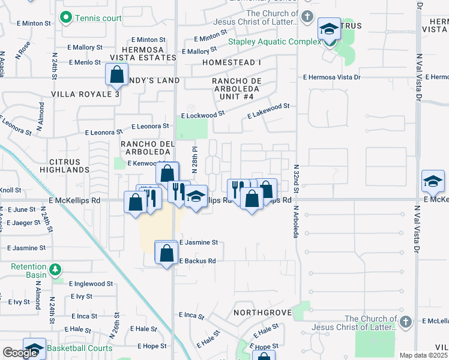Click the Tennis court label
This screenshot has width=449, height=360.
coord(97,18)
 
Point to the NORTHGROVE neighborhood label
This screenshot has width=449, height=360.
coord(262,313)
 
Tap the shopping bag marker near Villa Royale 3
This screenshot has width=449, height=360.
coord(116,75)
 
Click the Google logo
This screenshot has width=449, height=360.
coord(20,353)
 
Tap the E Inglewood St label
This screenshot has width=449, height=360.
coord(91,284)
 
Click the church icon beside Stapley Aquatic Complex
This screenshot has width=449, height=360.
coord(308,16)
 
